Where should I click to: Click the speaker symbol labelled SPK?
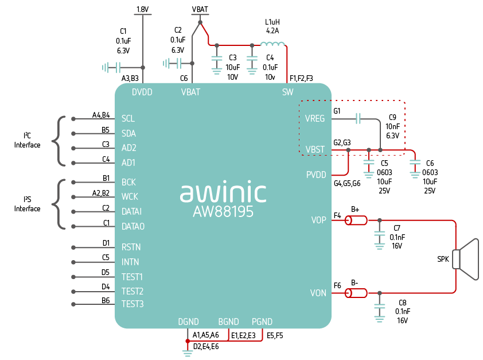pyautogui.click(x=467, y=259)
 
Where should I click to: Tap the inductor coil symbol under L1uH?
pyautogui.click(x=272, y=44)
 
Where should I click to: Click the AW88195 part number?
pyautogui.click(x=223, y=212)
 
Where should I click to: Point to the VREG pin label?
pyautogui.click(x=315, y=119)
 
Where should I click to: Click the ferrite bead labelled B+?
pyautogui.click(x=356, y=220)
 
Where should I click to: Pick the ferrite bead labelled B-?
pyautogui.click(x=356, y=293)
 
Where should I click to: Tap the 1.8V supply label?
pyautogui.click(x=143, y=10)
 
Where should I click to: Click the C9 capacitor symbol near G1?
pyautogui.click(x=358, y=118)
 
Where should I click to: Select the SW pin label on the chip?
pyautogui.click(x=288, y=92)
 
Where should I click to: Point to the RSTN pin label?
pyautogui.click(x=131, y=247)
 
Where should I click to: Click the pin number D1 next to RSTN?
pyautogui.click(x=106, y=243)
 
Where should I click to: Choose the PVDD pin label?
pyautogui.click(x=316, y=175)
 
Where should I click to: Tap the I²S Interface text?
pyautogui.click(x=27, y=204)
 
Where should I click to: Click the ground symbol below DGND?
pyautogui.click(x=187, y=353)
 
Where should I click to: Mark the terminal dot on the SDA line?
pyautogui.click(x=73, y=133)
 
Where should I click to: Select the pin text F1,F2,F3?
pyautogui.click(x=301, y=79)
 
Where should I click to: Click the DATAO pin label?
pyautogui.click(x=133, y=227)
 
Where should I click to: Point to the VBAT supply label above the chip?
pyautogui.click(x=200, y=10)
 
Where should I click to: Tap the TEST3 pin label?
pyautogui.click(x=133, y=304)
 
